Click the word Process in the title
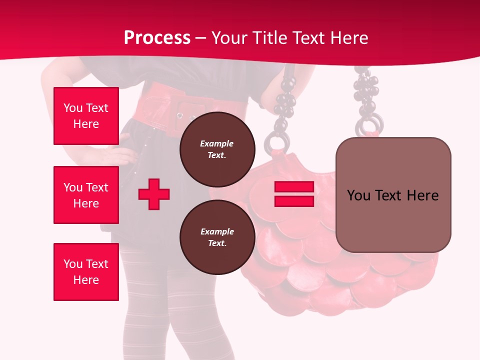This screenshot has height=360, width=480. (157, 38)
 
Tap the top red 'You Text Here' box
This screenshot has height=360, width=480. (86, 116)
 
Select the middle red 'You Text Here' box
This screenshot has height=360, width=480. (86, 195)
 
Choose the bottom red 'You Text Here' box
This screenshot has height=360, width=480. (86, 272)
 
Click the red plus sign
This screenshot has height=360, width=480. (154, 194)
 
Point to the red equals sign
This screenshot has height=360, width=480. (294, 194)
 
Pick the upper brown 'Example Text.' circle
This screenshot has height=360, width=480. (217, 149)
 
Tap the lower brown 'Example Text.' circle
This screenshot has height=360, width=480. (217, 237)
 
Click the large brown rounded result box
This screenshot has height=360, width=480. (393, 195)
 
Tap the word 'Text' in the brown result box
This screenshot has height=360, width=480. (392, 195)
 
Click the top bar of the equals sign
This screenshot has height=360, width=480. (294, 186)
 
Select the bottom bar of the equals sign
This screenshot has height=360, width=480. (294, 201)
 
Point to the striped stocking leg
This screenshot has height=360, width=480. (142, 300)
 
